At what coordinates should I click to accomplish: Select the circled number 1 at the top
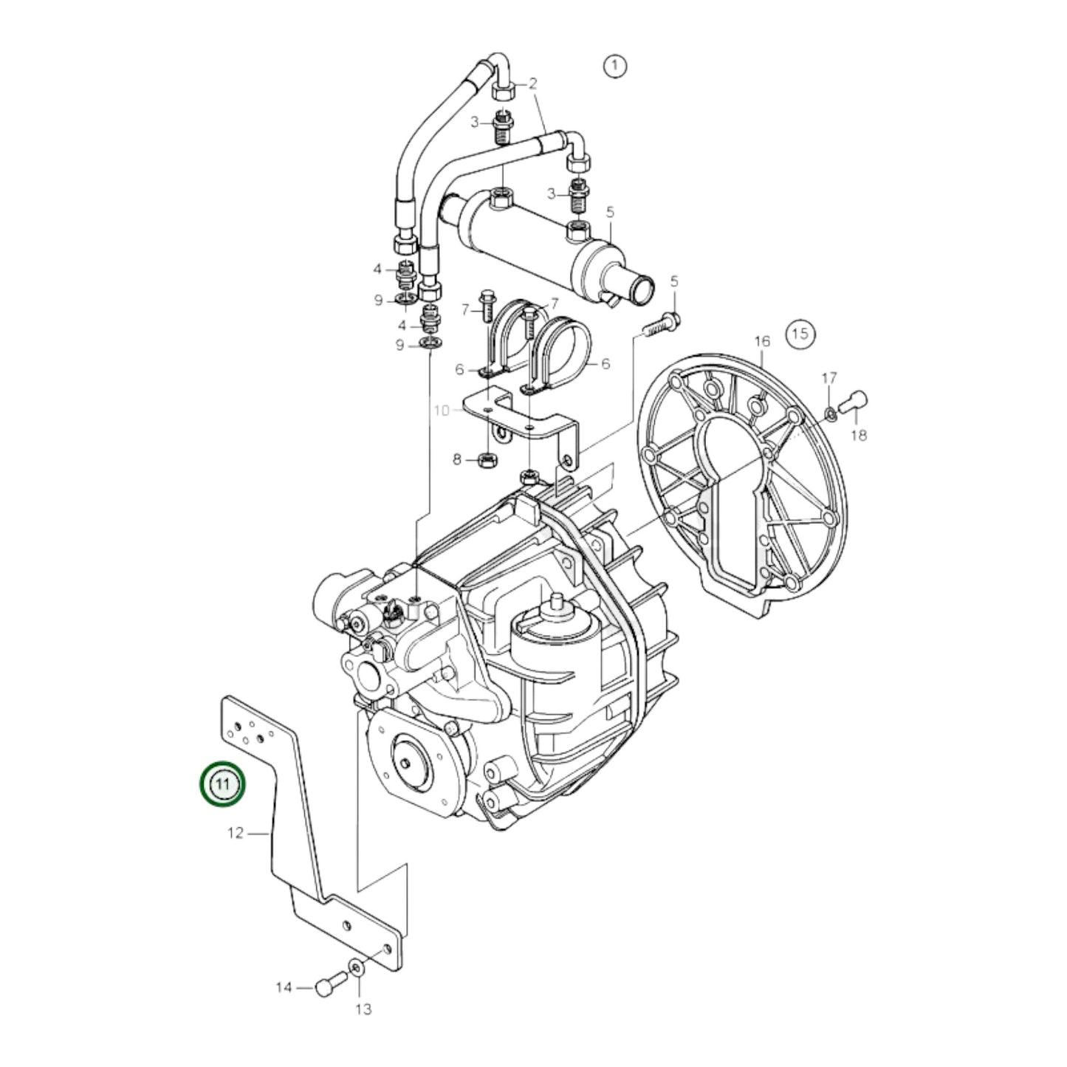tap(614, 66)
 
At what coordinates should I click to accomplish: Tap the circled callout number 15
tap(800, 334)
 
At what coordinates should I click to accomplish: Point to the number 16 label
tap(761, 340)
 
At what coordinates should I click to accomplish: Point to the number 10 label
tap(441, 410)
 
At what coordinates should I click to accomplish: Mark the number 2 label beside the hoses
tap(532, 83)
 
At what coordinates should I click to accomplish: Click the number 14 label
tap(284, 987)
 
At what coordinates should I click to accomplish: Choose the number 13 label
tap(363, 1009)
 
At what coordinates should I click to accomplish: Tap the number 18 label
tap(858, 436)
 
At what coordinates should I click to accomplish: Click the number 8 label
tap(457, 460)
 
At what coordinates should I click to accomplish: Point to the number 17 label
tap(829, 378)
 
